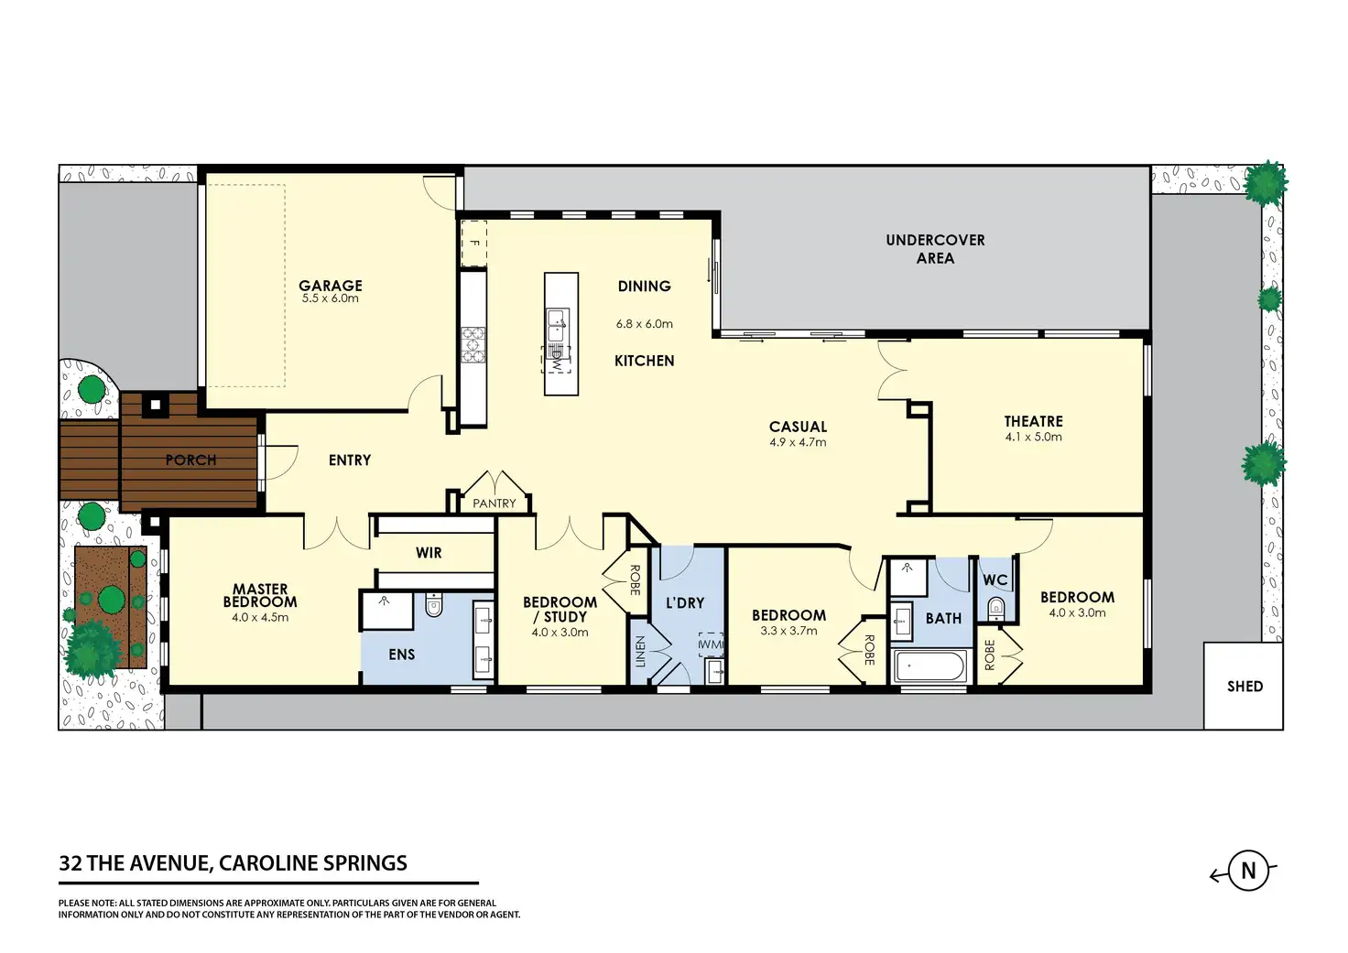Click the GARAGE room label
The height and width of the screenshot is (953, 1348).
point(331,286)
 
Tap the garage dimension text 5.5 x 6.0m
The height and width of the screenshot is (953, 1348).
point(331,298)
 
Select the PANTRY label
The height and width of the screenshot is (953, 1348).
point(495,504)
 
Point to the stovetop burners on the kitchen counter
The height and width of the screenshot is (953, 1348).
point(473,345)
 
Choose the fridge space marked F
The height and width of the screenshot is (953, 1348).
point(474,244)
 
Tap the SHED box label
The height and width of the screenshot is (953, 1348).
point(1245,687)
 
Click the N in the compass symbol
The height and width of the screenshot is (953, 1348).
point(1249,871)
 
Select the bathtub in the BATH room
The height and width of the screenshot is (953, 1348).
point(929,666)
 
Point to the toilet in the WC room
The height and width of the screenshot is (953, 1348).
point(996,609)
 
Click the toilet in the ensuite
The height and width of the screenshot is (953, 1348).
point(433,604)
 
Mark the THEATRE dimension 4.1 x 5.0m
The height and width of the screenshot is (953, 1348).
point(1033,437)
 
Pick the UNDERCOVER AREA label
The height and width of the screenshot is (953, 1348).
point(935,249)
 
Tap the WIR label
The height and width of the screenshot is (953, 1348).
point(429,552)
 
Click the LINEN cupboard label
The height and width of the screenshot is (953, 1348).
point(640,652)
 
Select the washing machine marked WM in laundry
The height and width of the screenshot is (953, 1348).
point(711,644)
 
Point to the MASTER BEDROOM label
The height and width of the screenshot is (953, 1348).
point(260,596)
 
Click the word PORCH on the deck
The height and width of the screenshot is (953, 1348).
point(190,460)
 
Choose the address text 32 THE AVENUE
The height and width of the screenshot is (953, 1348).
point(134,862)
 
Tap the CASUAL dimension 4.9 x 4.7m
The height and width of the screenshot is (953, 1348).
point(798,442)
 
